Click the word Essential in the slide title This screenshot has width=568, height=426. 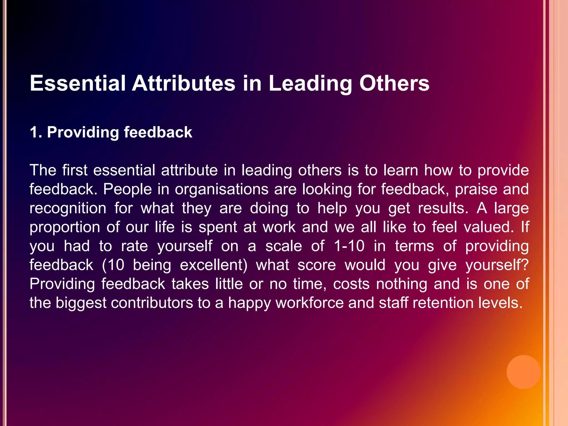click(x=78, y=83)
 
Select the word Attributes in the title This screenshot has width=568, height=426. click(x=184, y=83)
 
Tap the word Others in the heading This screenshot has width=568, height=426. click(x=394, y=83)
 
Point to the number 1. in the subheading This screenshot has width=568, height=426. click(x=36, y=132)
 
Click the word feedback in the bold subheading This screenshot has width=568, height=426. click(x=158, y=132)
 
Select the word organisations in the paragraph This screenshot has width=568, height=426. click(x=222, y=190)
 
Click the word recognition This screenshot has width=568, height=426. click(x=68, y=209)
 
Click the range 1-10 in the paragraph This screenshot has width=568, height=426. click(x=349, y=246)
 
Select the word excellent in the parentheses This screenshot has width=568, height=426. click(x=214, y=265)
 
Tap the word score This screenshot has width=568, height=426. click(x=317, y=265)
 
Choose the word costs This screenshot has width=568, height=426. click(x=351, y=284)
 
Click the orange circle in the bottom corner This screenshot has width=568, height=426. click(x=523, y=372)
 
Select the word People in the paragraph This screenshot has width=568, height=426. click(x=128, y=190)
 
